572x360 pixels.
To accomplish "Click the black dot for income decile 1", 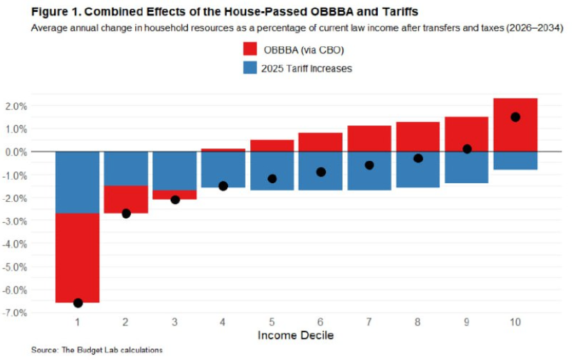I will pos(78,302).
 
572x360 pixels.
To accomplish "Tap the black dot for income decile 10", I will pos(515,117).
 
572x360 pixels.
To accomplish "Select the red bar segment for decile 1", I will pos(78,257).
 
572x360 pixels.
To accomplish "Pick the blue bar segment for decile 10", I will pos(515,160).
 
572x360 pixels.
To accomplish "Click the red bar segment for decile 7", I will pos(370,138).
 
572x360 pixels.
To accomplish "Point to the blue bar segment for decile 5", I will pos(272,171).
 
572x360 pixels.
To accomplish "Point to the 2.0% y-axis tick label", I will pos(16,106).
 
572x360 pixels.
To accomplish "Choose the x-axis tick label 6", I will pos(320,323).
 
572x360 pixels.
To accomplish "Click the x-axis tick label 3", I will pos(175,323).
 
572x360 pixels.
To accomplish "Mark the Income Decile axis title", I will pos(296,336).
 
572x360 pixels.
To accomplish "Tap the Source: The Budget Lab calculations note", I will pos(96,350).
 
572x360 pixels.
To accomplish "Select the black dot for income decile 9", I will pos(467,149).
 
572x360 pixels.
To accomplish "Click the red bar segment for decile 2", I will pos(126,199).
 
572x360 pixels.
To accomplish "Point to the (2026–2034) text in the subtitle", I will pos(535,28).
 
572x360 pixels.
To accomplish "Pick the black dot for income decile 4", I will pos(223,186).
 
